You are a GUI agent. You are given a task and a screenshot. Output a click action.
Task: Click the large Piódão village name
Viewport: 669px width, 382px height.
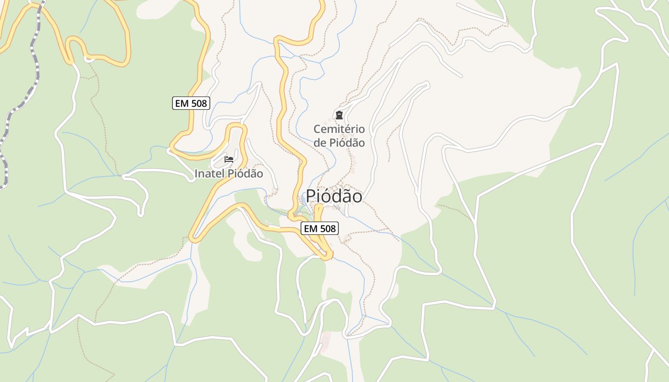[x=334, y=196]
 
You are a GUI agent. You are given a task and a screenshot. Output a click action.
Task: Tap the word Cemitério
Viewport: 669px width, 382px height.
[x=339, y=129]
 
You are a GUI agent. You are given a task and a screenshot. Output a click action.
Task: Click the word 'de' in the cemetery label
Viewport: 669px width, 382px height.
[x=320, y=143]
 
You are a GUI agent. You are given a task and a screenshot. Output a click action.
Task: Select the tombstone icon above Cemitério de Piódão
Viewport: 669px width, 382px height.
[x=339, y=115]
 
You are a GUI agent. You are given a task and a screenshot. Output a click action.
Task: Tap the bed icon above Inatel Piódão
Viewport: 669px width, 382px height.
[x=229, y=159]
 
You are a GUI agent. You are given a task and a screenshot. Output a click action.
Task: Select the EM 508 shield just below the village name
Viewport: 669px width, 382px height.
[x=320, y=229]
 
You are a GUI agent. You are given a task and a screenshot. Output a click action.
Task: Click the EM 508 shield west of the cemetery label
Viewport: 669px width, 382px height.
[x=191, y=103]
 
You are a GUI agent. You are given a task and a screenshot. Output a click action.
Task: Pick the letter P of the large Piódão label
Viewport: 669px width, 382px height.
[x=311, y=196]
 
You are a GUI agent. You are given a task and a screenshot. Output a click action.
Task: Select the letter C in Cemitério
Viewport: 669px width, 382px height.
[x=317, y=129]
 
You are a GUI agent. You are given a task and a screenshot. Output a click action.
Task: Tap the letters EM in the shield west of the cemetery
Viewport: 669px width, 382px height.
[x=182, y=103]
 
